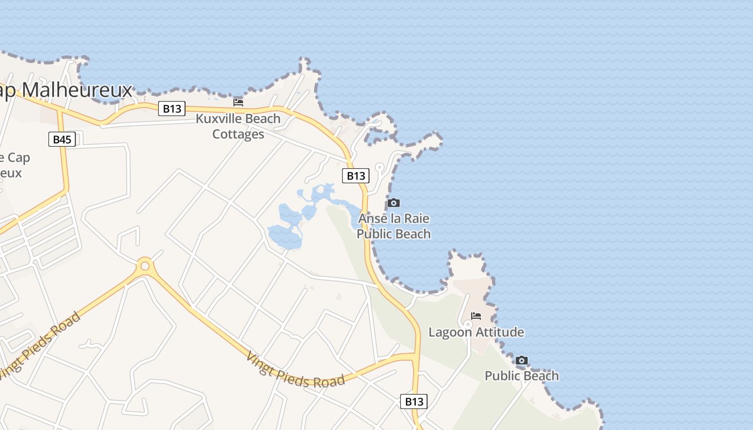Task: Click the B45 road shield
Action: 62,140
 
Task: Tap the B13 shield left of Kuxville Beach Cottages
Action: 172,109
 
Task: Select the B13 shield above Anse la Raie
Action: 356,176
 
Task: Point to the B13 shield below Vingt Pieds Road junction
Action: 414,402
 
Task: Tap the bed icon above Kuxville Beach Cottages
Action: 238,102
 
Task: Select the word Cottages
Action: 238,134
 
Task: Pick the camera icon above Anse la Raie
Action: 394,203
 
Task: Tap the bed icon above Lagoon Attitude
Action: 476,316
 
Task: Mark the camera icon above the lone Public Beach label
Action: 521,360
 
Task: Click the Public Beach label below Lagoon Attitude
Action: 521,376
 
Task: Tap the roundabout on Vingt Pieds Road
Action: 144,265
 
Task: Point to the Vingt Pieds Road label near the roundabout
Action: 40,344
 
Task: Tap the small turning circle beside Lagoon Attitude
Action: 468,324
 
